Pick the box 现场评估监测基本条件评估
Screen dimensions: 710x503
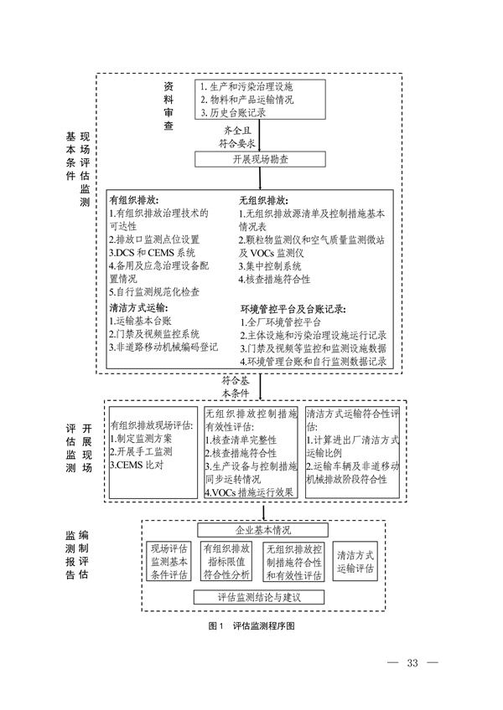169,561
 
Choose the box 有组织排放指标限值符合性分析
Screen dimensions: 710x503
226,561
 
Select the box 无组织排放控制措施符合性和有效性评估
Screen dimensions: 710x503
293,561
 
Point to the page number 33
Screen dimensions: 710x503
412,664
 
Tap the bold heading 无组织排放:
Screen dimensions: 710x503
263,201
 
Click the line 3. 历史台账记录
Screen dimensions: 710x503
234,111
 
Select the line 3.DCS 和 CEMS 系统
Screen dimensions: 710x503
153,252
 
